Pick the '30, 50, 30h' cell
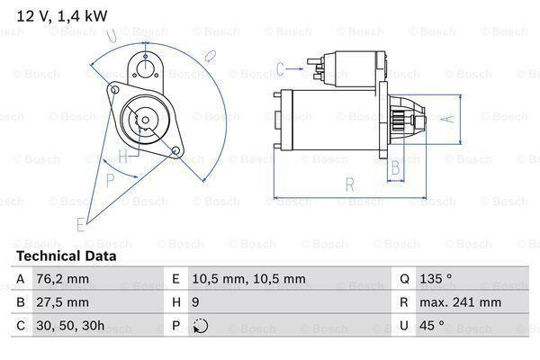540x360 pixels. [x=71, y=325]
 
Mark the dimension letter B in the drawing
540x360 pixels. [x=393, y=167]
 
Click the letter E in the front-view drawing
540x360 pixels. [x=81, y=223]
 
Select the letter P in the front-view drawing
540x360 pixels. [x=110, y=178]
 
